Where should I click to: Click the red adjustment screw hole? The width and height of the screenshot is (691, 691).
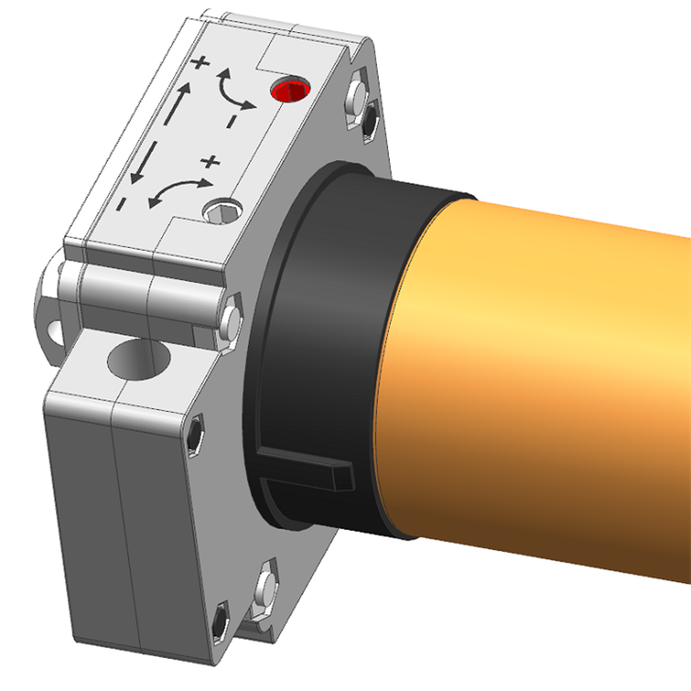(290, 92)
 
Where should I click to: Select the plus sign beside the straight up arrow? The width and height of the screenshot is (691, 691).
(199, 63)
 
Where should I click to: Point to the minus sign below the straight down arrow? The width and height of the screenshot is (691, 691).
(122, 203)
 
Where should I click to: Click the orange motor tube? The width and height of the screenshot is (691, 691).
(549, 379)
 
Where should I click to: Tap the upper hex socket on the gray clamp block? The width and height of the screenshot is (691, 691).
(193, 434)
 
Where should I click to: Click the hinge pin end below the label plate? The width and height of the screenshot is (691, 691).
(229, 319)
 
